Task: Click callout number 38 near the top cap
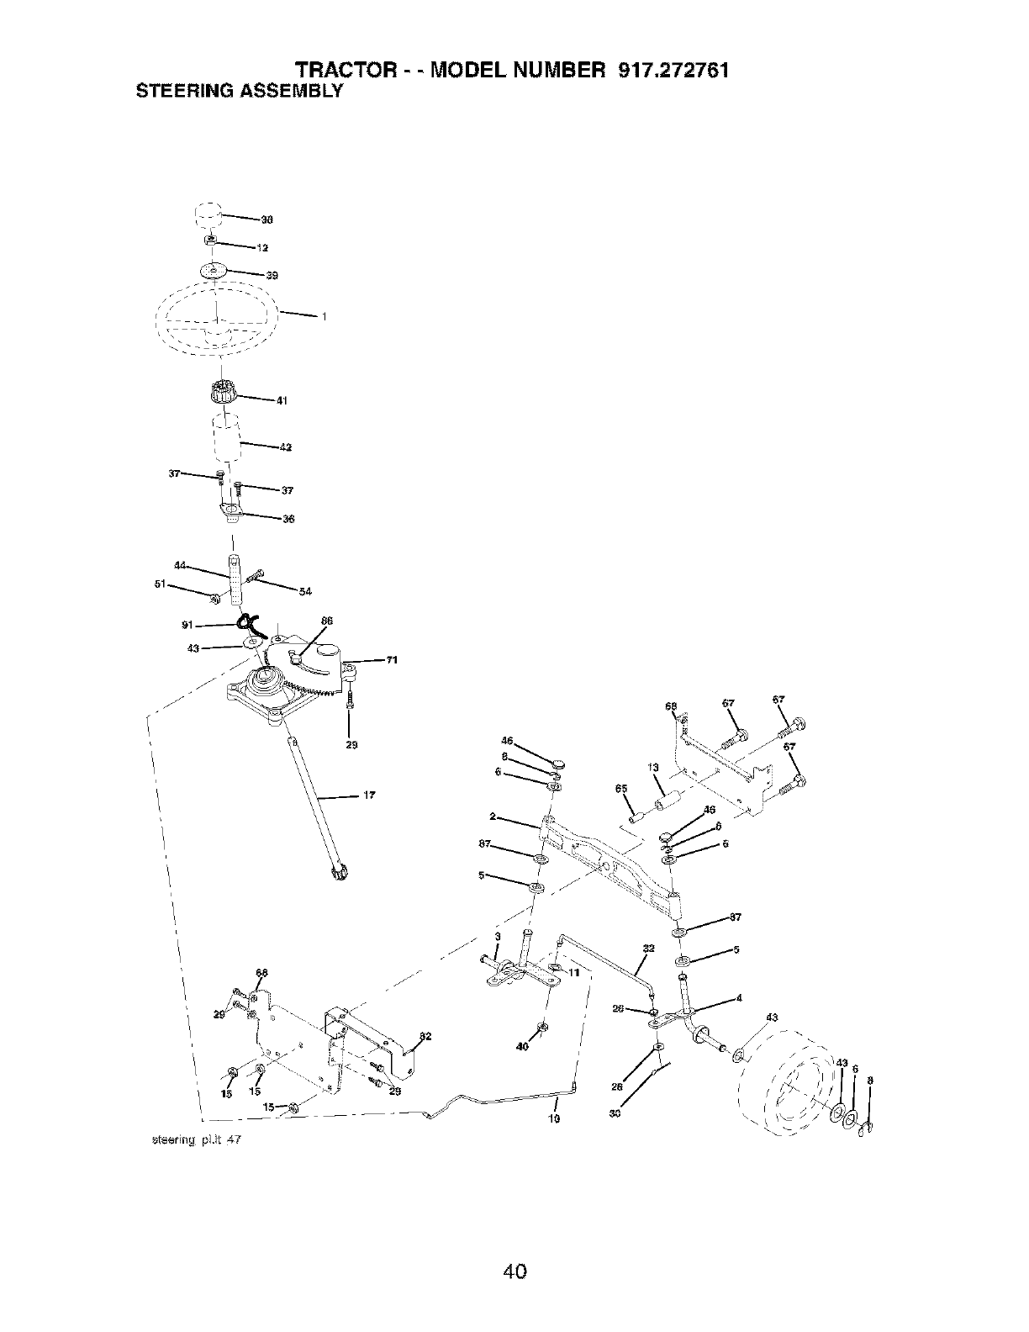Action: [267, 220]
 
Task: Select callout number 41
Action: [282, 400]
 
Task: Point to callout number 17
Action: [368, 795]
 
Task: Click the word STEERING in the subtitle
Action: [174, 91]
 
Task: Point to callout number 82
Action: [425, 1035]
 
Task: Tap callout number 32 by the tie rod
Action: [648, 949]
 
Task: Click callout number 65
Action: [621, 788]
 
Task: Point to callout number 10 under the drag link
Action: [553, 1119]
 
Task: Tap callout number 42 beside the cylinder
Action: [285, 447]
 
